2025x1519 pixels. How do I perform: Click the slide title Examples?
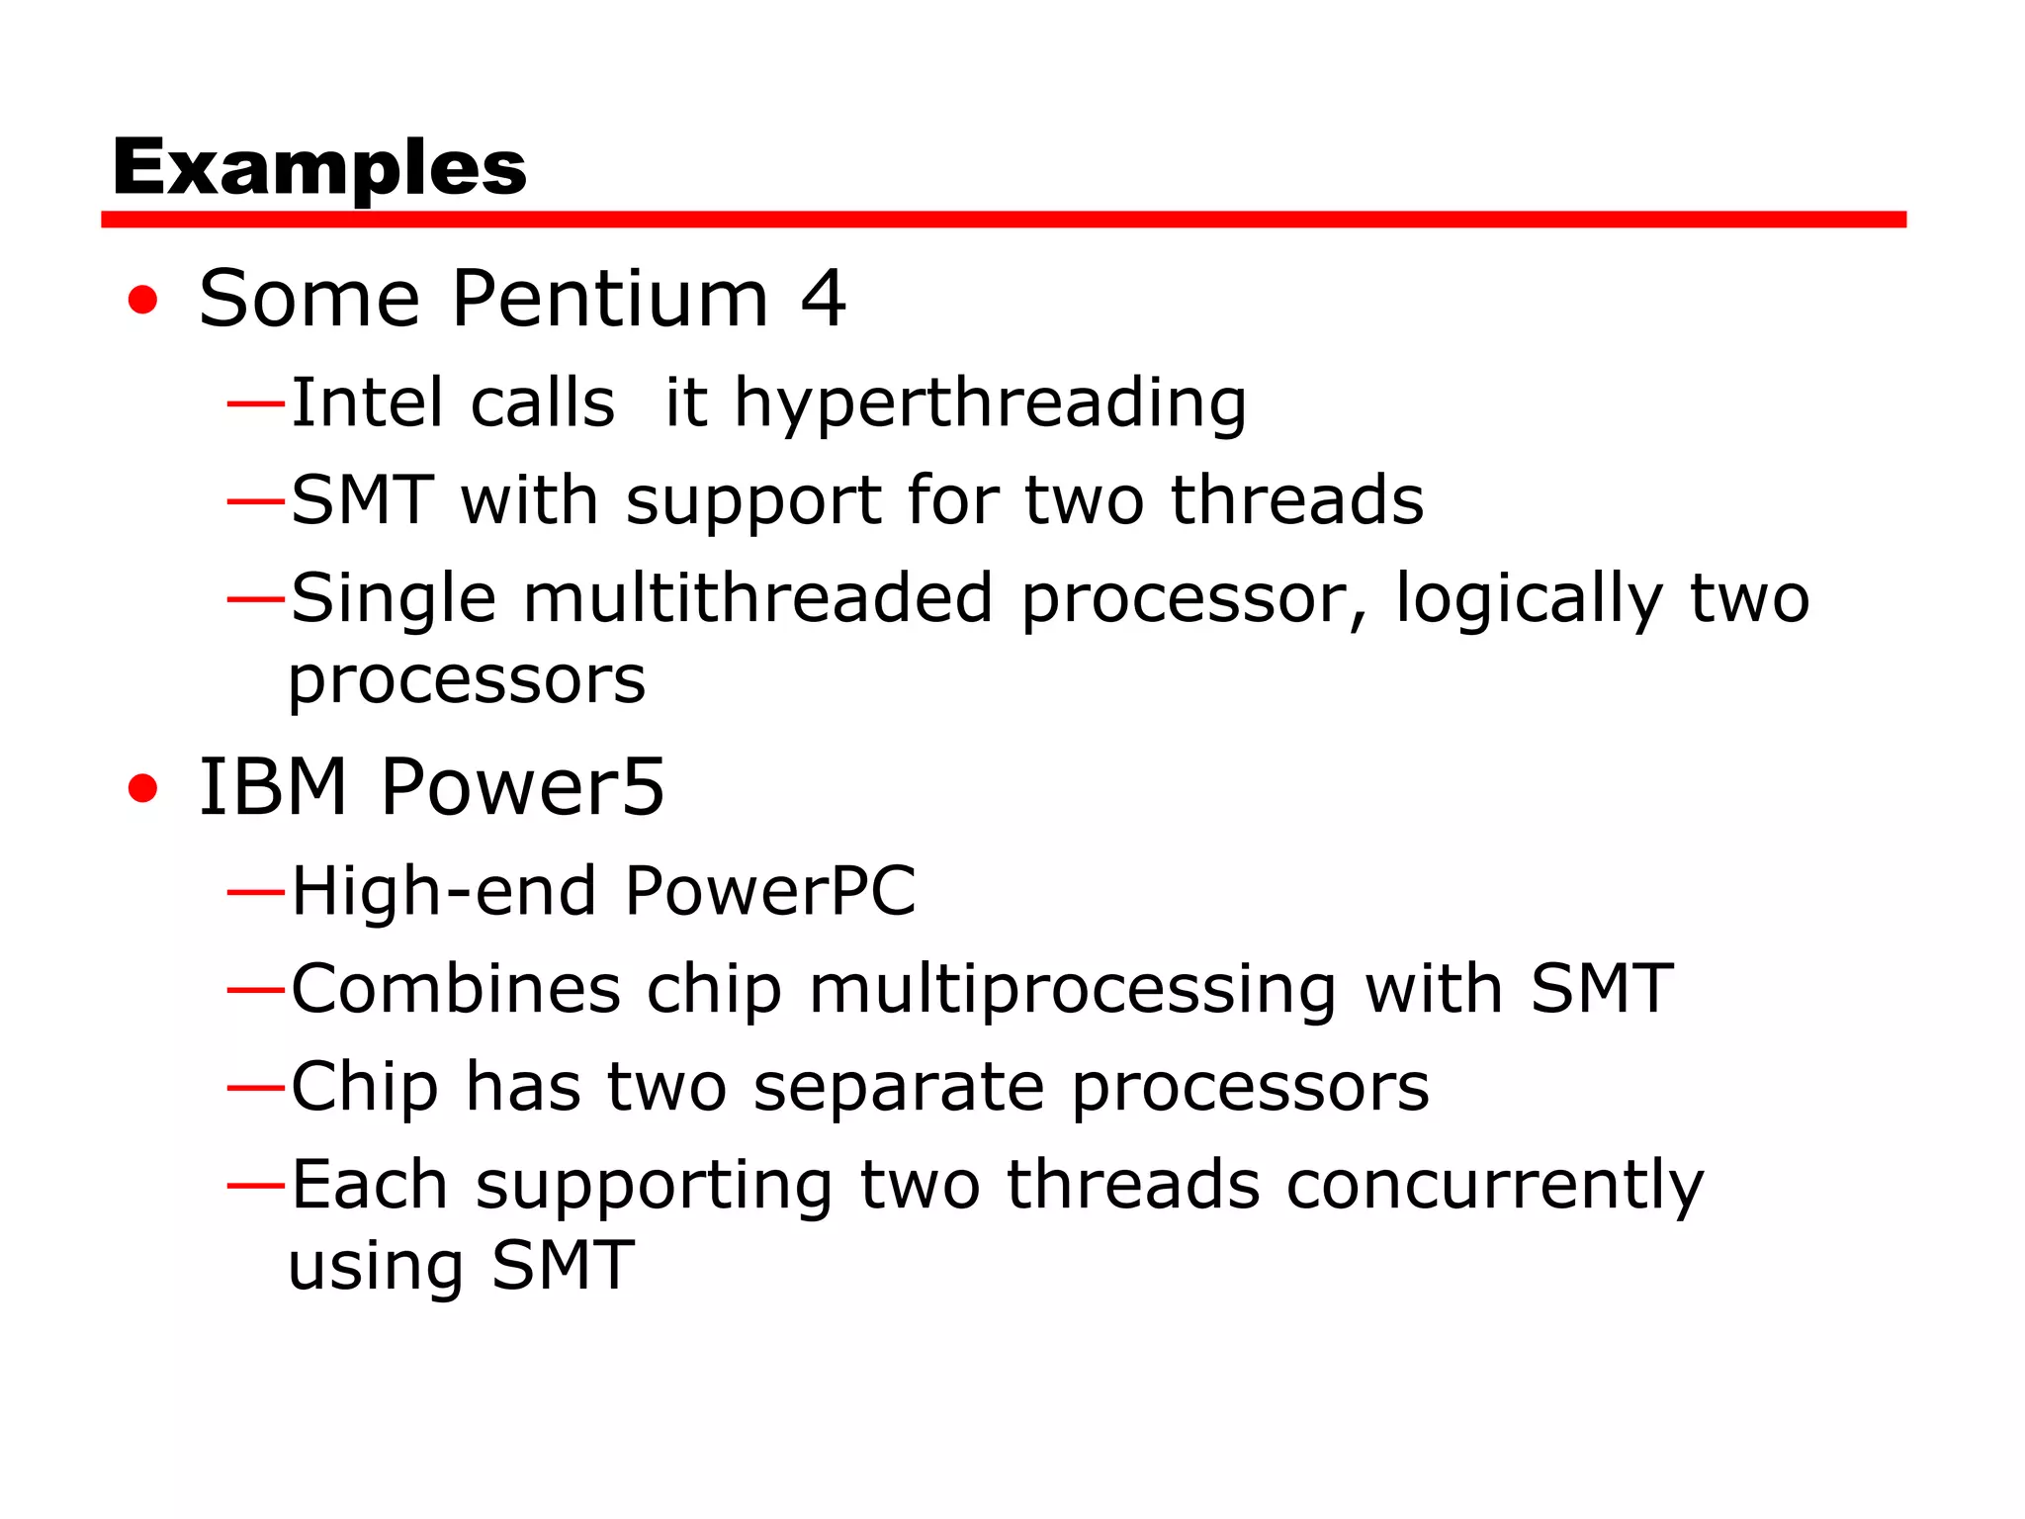tap(319, 166)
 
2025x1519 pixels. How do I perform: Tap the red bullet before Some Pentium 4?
tap(143, 300)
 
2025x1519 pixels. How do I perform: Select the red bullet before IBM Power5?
tap(143, 788)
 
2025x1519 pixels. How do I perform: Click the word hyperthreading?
tap(990, 403)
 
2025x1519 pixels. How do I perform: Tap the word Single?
tap(394, 599)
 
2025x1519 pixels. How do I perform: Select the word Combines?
tap(456, 988)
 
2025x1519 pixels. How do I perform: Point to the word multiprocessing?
tap(1074, 990)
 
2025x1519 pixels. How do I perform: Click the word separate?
tap(899, 1087)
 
